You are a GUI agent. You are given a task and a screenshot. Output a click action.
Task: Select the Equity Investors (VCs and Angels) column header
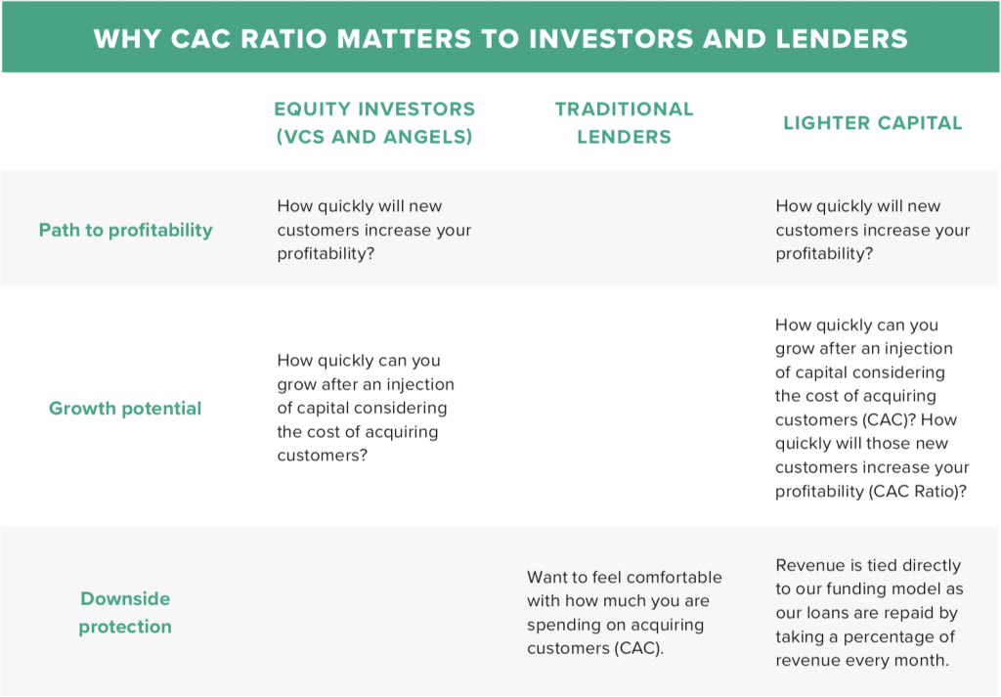pos(374,122)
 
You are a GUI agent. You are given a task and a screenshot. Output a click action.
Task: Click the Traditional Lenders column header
pos(624,122)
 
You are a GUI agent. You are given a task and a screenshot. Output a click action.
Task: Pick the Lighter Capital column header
pos(873,122)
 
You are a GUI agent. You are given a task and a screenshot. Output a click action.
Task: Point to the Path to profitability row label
pos(126,230)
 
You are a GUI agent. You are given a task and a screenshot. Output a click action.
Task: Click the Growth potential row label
pos(125,408)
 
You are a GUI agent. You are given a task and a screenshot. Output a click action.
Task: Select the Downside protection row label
pos(125,612)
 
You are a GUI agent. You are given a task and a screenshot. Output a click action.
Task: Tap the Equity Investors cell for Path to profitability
pos(374,230)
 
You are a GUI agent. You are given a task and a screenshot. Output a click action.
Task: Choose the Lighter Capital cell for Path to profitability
pos(873,230)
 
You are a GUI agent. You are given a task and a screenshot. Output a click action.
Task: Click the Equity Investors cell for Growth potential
pos(366,408)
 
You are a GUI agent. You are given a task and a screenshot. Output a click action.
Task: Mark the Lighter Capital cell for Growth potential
pos(872,408)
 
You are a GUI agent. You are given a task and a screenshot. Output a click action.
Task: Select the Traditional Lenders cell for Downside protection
pos(625,613)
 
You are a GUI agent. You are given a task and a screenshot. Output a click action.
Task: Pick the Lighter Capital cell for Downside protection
pos(869,613)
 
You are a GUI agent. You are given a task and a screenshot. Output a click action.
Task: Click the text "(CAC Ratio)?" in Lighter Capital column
pos(917,492)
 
